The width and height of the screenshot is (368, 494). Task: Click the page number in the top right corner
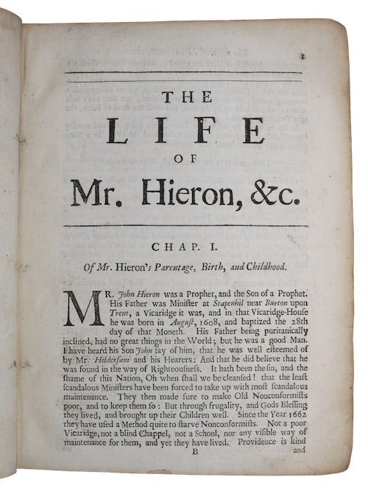click(312, 55)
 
